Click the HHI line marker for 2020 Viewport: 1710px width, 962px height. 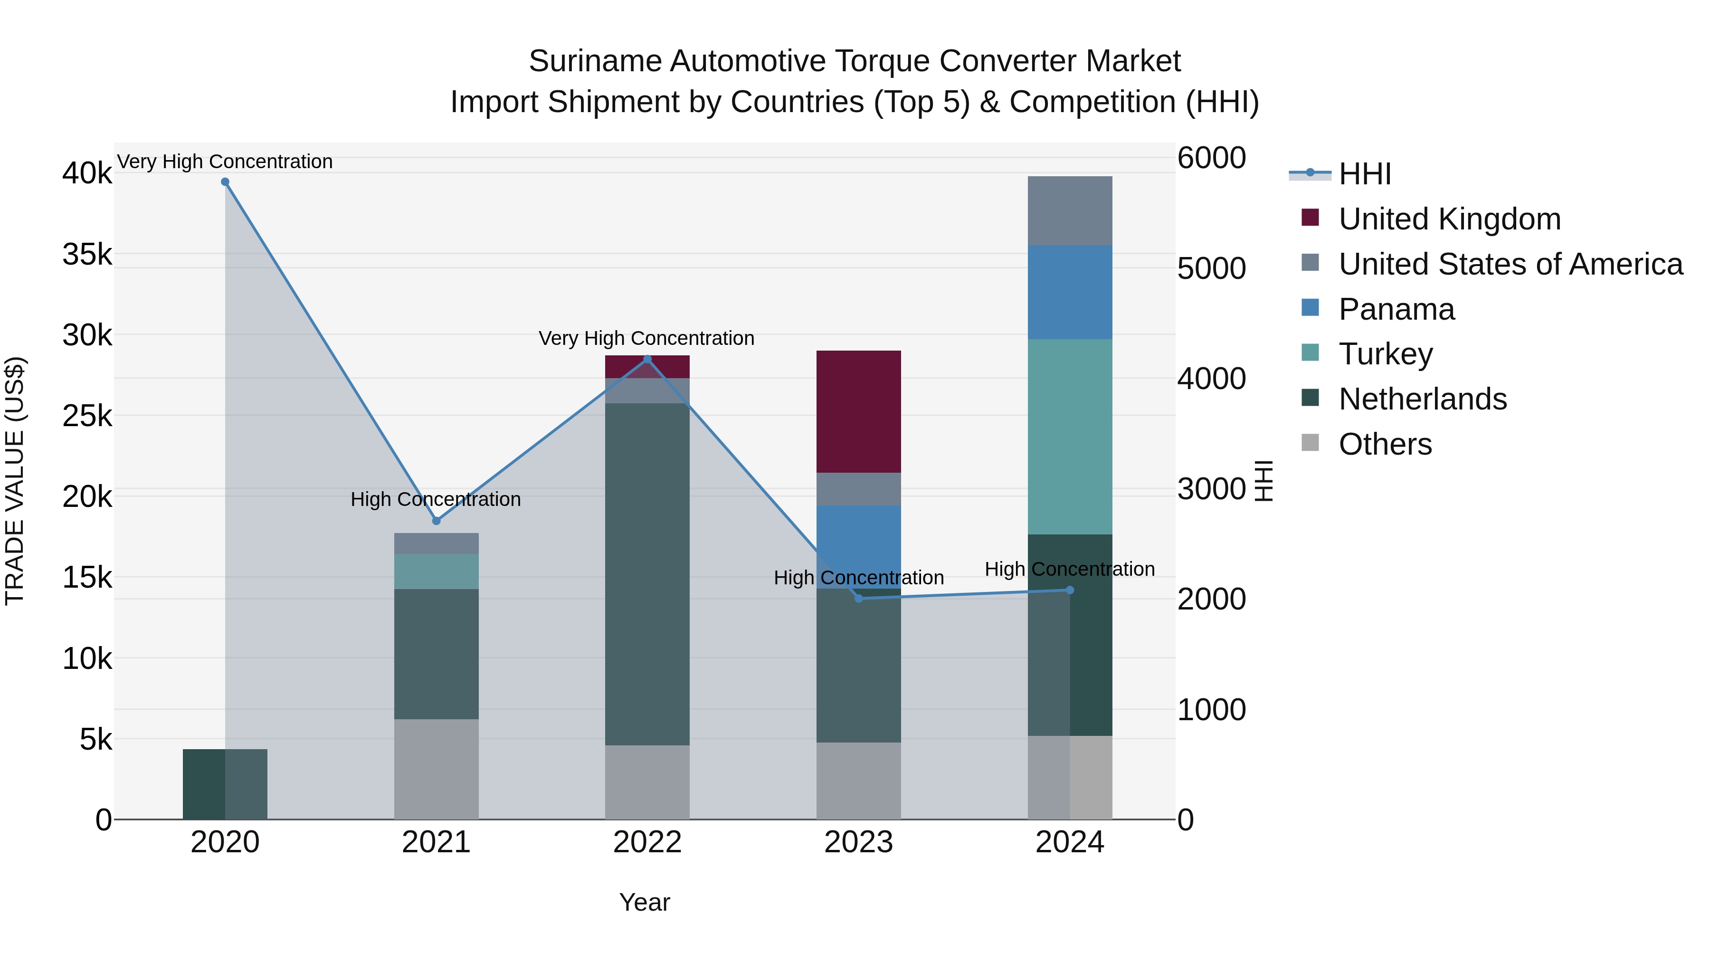(x=225, y=182)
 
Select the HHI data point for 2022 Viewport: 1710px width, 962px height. (x=648, y=359)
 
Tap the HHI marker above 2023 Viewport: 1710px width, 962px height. (x=858, y=598)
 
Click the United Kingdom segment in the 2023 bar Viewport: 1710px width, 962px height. (x=858, y=411)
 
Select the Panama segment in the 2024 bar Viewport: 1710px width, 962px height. (x=1069, y=292)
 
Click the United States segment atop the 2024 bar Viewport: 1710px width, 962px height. (x=1069, y=210)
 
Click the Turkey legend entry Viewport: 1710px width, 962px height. (x=1386, y=354)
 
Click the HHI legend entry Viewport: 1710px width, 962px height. (x=1364, y=174)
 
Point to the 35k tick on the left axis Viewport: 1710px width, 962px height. (x=87, y=254)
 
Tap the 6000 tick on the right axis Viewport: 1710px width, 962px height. (x=1211, y=158)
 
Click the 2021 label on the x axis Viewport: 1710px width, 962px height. (x=436, y=842)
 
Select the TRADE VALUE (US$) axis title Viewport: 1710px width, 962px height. (x=15, y=481)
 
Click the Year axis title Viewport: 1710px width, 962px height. (x=644, y=902)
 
